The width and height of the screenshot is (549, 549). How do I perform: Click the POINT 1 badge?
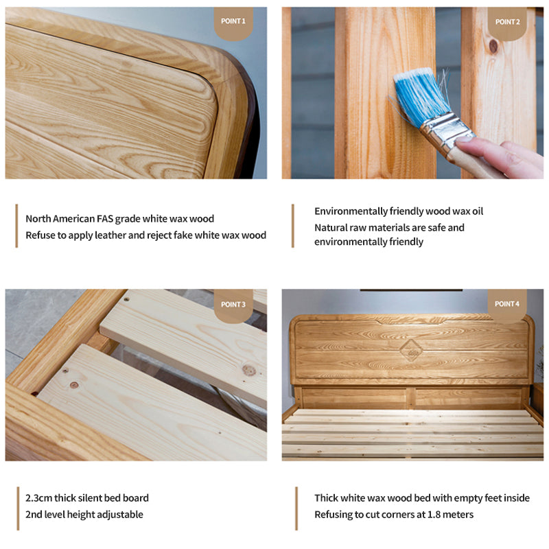233,23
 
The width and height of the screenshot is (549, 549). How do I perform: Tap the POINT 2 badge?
507,23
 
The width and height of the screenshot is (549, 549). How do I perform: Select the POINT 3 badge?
233,305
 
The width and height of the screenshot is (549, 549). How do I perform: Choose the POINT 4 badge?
507,305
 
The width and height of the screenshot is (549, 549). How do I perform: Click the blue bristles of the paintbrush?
420,95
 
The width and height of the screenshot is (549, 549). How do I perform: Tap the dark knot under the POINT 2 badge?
493,46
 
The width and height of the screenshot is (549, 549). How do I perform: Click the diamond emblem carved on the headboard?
411,350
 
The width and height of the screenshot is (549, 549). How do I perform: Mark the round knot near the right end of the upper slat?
249,370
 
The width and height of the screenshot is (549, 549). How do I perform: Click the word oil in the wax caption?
477,211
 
